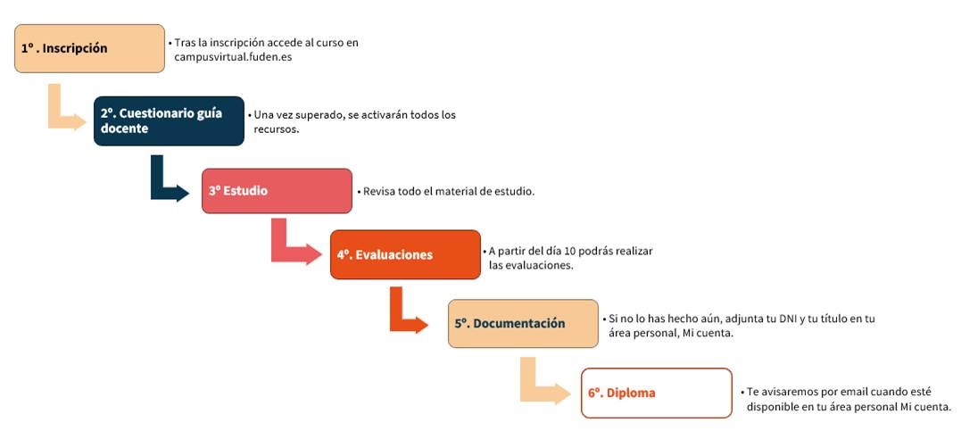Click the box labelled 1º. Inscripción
pos(89,48)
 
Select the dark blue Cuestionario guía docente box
pos(169,120)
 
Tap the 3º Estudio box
pos(277,191)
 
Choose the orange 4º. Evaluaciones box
pos(405,254)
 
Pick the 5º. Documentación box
pos(523,324)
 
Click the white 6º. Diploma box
pos(657,393)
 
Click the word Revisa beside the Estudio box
pos(378,191)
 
